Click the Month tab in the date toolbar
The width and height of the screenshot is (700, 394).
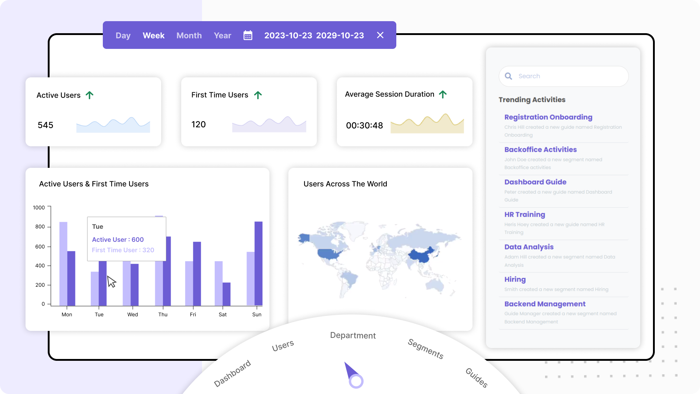pos(189,35)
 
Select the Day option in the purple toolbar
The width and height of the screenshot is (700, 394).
pos(123,35)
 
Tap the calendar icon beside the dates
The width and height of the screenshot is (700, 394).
pos(248,35)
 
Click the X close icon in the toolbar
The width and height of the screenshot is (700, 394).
pos(380,35)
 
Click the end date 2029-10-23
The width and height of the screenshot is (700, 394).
pos(340,35)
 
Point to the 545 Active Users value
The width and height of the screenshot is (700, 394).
pos(46,125)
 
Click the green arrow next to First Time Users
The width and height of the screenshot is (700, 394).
pos(258,95)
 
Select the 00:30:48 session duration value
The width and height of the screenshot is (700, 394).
pos(364,125)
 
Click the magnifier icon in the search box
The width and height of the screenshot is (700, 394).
pos(508,76)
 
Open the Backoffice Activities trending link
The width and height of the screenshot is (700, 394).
pos(540,150)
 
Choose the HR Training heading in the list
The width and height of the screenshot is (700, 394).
pos(525,215)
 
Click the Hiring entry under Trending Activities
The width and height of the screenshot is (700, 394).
pos(515,279)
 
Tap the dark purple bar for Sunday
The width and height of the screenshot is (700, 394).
pos(258,263)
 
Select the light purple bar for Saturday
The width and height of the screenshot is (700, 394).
pos(218,283)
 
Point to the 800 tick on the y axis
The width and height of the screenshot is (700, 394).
pos(40,227)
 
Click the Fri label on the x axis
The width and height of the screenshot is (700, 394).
pos(193,314)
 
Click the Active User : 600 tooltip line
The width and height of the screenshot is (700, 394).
pos(118,240)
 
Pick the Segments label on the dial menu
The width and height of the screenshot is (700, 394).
pos(425,349)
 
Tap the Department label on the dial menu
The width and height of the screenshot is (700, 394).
pos(353,336)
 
